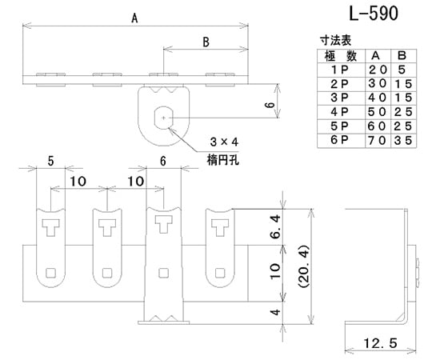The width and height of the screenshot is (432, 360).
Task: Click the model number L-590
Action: (370, 14)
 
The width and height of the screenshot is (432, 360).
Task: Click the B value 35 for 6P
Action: (405, 139)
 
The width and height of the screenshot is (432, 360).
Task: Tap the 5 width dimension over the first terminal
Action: (51, 160)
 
